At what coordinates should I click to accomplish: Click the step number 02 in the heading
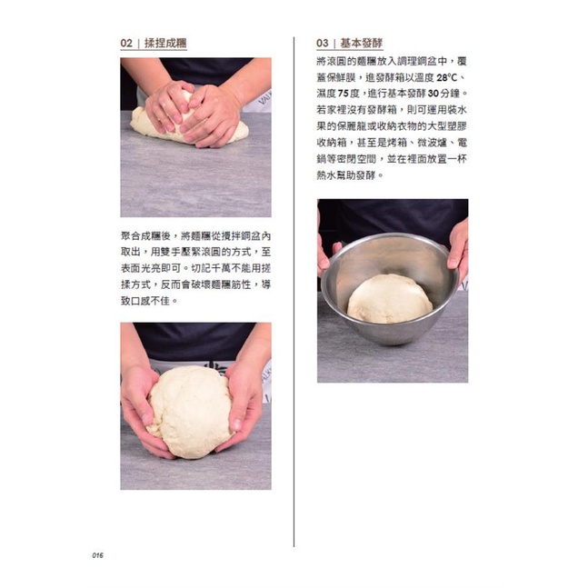pyautogui.click(x=126, y=43)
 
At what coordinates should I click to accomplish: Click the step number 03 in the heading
pyautogui.click(x=323, y=43)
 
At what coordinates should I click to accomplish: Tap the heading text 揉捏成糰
pyautogui.click(x=165, y=43)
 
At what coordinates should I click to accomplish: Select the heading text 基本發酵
pyautogui.click(x=362, y=43)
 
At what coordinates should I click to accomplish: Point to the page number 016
pyautogui.click(x=97, y=555)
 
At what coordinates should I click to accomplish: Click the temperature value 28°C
pyautogui.click(x=447, y=77)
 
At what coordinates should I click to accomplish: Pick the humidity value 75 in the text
pyautogui.click(x=344, y=94)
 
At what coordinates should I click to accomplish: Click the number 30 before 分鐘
pyautogui.click(x=434, y=94)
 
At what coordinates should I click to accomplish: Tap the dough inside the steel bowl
pyautogui.click(x=390, y=298)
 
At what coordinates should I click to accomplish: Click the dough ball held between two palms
pyautogui.click(x=191, y=412)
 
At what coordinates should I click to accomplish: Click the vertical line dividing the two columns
pyautogui.click(x=294, y=292)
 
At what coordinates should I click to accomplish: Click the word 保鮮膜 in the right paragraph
pyautogui.click(x=341, y=77)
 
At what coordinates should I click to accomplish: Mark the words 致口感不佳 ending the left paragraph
pyautogui.click(x=145, y=301)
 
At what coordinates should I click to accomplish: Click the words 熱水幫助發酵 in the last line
pyautogui.click(x=346, y=175)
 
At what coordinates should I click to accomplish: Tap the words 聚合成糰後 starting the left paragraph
pyautogui.click(x=146, y=236)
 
